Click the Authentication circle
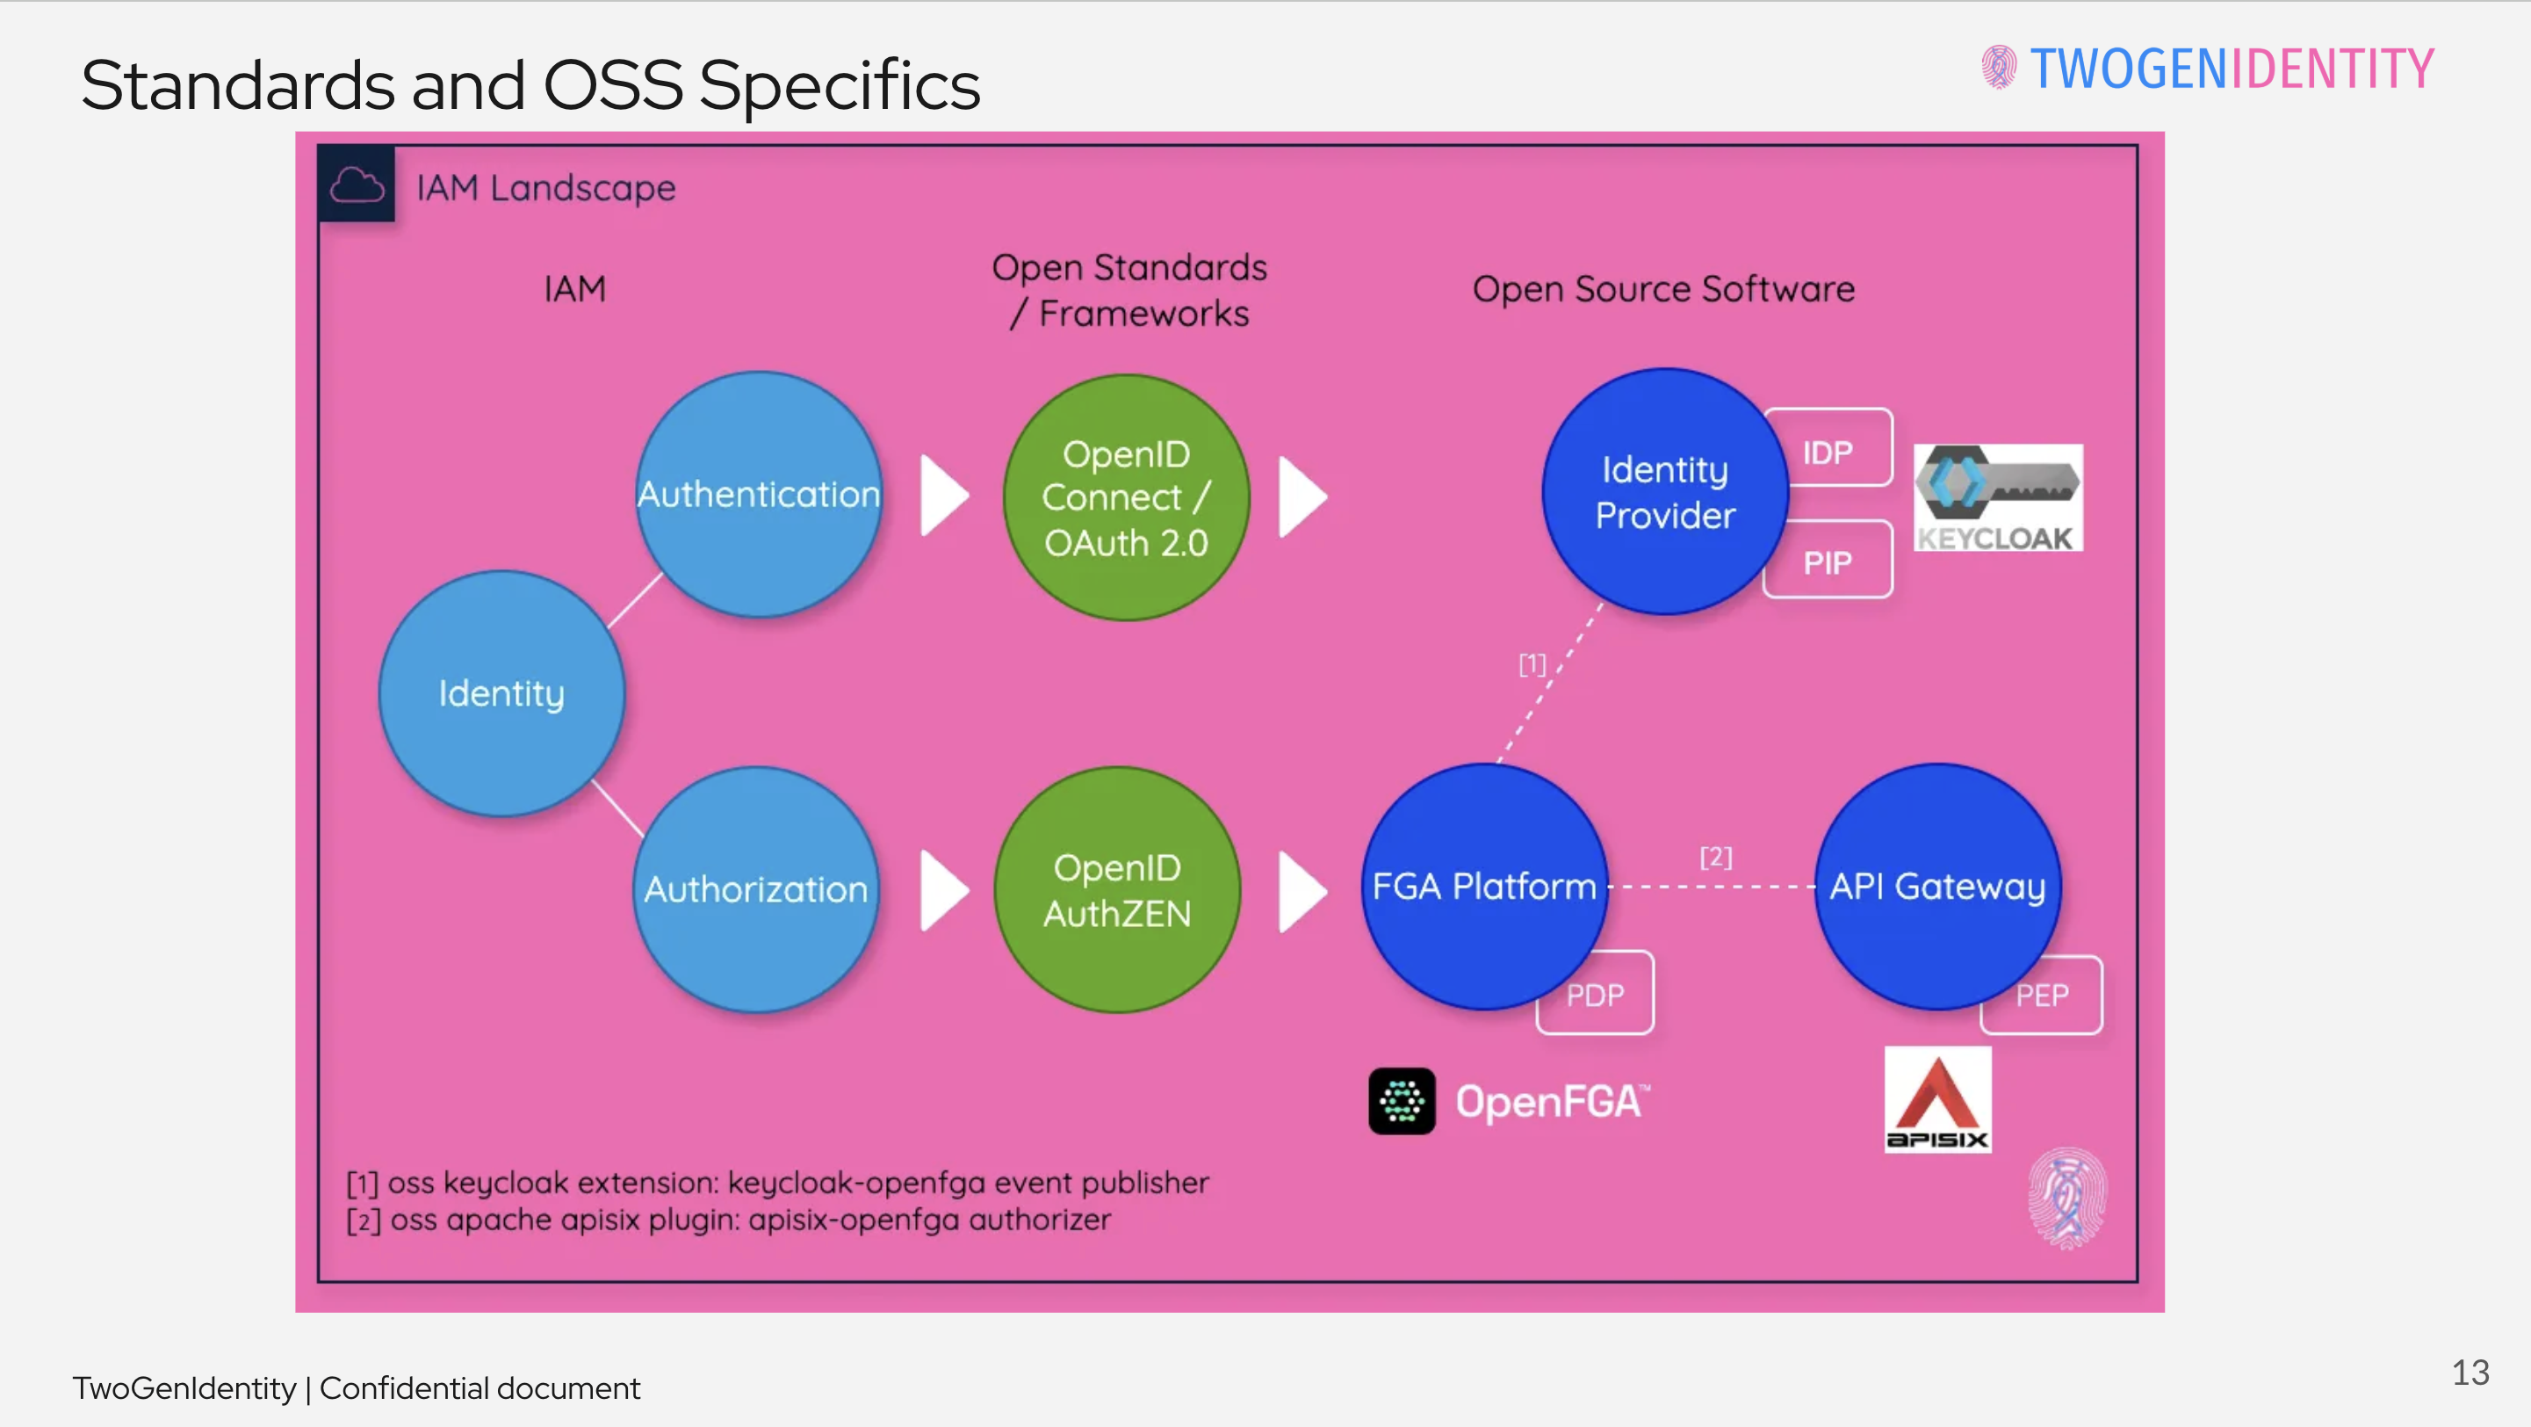point(759,495)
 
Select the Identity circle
point(501,694)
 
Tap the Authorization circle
point(755,889)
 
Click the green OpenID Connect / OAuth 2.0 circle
point(1126,497)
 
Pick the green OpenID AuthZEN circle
point(1117,889)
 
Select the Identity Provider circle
point(1664,491)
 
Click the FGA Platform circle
point(1483,886)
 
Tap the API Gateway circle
point(1937,886)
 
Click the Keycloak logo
point(1997,497)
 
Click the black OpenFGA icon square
point(1401,1101)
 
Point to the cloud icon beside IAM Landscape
point(357,185)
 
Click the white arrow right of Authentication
point(943,496)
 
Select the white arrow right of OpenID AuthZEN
point(1302,890)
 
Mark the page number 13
point(2470,1372)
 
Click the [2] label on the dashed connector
point(1715,857)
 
